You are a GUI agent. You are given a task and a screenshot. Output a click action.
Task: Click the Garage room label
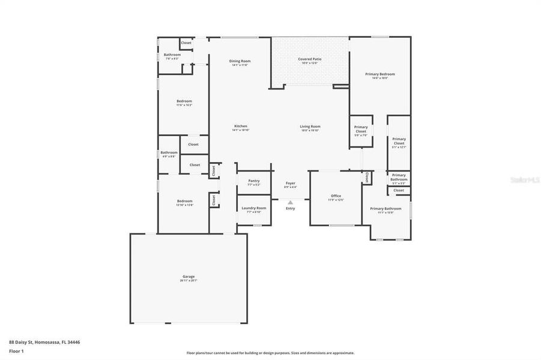pos(189,277)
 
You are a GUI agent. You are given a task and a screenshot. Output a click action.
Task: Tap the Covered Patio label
pos(310,59)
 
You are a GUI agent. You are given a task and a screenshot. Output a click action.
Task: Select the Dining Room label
pos(240,61)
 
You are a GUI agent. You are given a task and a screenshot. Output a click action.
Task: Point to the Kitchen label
pos(240,126)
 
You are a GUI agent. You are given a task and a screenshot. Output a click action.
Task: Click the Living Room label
pos(310,127)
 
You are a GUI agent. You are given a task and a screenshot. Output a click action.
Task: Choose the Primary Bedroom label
pos(380,74)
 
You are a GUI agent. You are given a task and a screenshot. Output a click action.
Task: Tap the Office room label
pos(336,196)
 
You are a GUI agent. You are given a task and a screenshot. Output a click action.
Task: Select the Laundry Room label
pos(253,208)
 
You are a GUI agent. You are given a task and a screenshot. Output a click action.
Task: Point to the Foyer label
pos(290,183)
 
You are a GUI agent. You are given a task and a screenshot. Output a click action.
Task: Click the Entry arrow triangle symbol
pos(290,203)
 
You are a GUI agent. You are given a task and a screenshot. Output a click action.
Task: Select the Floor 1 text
pos(16,351)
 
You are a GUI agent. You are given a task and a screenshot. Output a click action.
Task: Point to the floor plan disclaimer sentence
pos(270,353)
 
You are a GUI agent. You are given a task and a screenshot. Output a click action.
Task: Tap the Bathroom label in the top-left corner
pos(172,55)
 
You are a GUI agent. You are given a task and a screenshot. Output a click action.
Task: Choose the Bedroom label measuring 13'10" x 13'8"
pos(184,201)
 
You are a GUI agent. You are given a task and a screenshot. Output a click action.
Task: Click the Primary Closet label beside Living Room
pos(361,129)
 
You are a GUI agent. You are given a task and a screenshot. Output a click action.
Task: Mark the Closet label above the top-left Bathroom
pos(186,43)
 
